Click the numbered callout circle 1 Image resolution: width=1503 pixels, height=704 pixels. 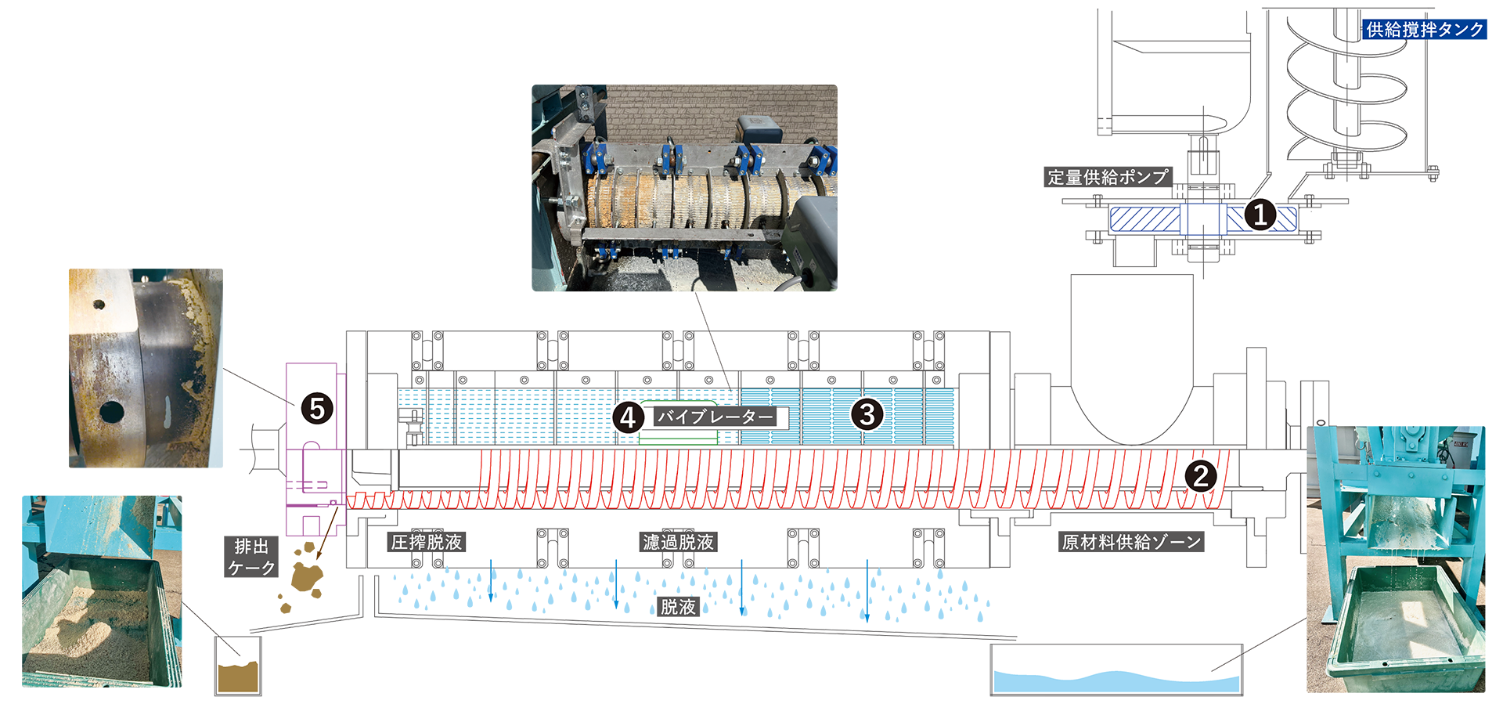point(1260,215)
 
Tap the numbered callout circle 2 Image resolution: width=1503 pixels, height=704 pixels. point(1201,475)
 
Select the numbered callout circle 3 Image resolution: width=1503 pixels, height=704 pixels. point(867,414)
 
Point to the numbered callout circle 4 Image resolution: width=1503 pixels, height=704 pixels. point(628,417)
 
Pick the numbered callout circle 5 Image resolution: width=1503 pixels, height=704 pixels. point(317,409)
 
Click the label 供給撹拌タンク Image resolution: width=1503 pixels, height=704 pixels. point(1424,30)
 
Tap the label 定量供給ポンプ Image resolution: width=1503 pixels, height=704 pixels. point(1108,178)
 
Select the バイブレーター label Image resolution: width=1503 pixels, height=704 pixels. point(715,417)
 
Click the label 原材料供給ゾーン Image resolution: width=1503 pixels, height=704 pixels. point(1131,542)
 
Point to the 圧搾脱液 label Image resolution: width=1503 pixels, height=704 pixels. point(427,542)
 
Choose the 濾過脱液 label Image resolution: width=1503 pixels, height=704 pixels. point(678,542)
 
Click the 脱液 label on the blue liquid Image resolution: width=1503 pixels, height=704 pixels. point(678,606)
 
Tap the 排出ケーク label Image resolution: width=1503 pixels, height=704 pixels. point(251,557)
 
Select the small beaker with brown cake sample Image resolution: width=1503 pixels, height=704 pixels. point(238,666)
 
